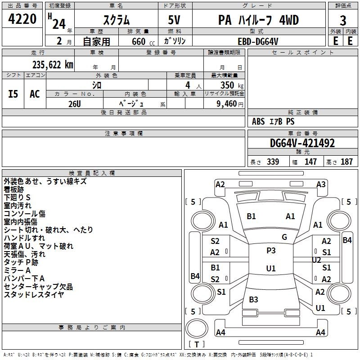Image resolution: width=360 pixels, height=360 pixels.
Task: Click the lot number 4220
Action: pyautogui.click(x=22, y=19)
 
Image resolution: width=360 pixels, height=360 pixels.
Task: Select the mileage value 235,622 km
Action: pyautogui.click(x=52, y=64)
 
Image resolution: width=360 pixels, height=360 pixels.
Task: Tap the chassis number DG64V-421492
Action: pyautogui.click(x=302, y=143)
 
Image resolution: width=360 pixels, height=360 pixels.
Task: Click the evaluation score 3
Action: pyautogui.click(x=343, y=21)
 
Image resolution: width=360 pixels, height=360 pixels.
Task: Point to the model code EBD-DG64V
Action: pyautogui.click(x=258, y=41)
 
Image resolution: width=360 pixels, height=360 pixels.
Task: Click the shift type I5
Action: pyautogui.click(x=13, y=94)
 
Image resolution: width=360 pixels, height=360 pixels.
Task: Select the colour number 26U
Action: pyautogui.click(x=74, y=103)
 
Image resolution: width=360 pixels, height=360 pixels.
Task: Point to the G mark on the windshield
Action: pyautogui.click(x=284, y=237)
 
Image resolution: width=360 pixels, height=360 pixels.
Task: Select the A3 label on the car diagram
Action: pyautogui.click(x=321, y=184)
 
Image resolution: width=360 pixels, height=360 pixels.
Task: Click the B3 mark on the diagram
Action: pyautogui.click(x=253, y=299)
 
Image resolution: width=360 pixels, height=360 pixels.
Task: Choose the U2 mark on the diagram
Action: pyautogui.click(x=316, y=260)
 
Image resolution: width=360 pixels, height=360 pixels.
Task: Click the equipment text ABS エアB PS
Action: pyautogui.click(x=273, y=121)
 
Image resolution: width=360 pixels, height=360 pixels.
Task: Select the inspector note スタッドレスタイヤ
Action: pyautogui.click(x=34, y=295)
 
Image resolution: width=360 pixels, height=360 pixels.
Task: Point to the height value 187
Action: pyautogui.click(x=346, y=162)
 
